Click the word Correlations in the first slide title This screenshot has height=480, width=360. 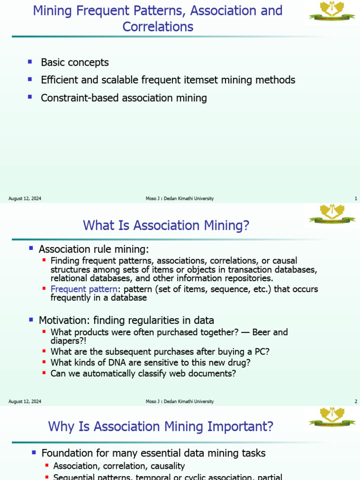click(x=158, y=27)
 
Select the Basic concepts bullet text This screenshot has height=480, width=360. click(x=75, y=62)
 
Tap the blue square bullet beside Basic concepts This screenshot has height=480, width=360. click(x=30, y=61)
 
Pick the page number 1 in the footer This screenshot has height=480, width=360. click(x=356, y=199)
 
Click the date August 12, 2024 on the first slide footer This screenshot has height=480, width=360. click(x=25, y=199)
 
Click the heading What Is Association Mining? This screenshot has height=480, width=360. click(x=166, y=225)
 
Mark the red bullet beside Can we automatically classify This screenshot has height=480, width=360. click(x=44, y=373)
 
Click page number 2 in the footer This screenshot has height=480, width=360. click(x=356, y=402)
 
